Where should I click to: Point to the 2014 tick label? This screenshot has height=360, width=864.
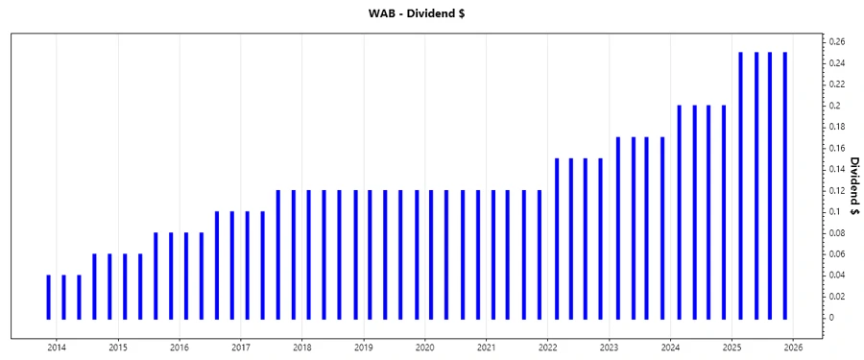click(57, 347)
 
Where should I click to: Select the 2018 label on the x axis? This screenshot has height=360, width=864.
click(302, 347)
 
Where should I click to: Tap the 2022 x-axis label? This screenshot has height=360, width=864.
click(548, 347)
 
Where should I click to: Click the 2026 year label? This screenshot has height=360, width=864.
click(794, 347)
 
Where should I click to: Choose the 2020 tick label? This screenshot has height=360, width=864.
click(425, 347)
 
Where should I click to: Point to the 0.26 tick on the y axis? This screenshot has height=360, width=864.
click(836, 42)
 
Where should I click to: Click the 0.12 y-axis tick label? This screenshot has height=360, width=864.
click(836, 190)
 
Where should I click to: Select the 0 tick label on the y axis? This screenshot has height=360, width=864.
click(831, 317)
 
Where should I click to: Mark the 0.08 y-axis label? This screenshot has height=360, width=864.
click(836, 232)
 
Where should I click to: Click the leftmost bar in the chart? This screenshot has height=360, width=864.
click(48, 297)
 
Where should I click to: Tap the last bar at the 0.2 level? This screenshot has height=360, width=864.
click(723, 211)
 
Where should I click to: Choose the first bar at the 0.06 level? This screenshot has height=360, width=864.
click(94, 286)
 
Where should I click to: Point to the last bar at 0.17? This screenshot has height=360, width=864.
click(662, 228)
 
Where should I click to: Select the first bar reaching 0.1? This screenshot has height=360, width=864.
click(217, 265)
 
